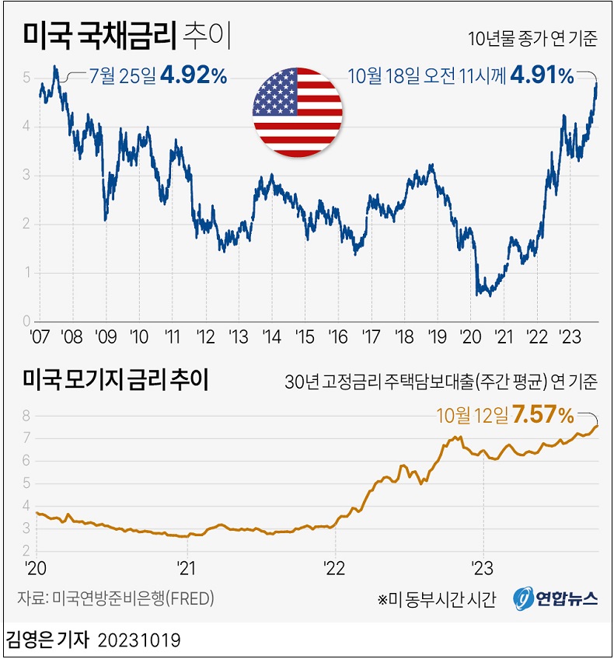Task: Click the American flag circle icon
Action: click(x=298, y=110)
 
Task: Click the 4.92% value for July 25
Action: click(x=194, y=75)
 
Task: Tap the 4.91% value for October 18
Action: click(x=542, y=75)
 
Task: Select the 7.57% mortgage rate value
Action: click(x=543, y=415)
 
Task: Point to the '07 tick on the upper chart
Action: click(x=39, y=336)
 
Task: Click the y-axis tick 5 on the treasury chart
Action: click(x=26, y=78)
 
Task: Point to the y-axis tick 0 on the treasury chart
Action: click(x=26, y=321)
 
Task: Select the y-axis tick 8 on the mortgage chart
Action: click(x=26, y=416)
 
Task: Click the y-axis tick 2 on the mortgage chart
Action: click(x=26, y=550)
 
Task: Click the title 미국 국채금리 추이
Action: click(x=128, y=35)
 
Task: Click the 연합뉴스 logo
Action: click(x=555, y=598)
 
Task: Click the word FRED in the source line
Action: click(x=190, y=599)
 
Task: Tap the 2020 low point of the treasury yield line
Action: click(x=476, y=295)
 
